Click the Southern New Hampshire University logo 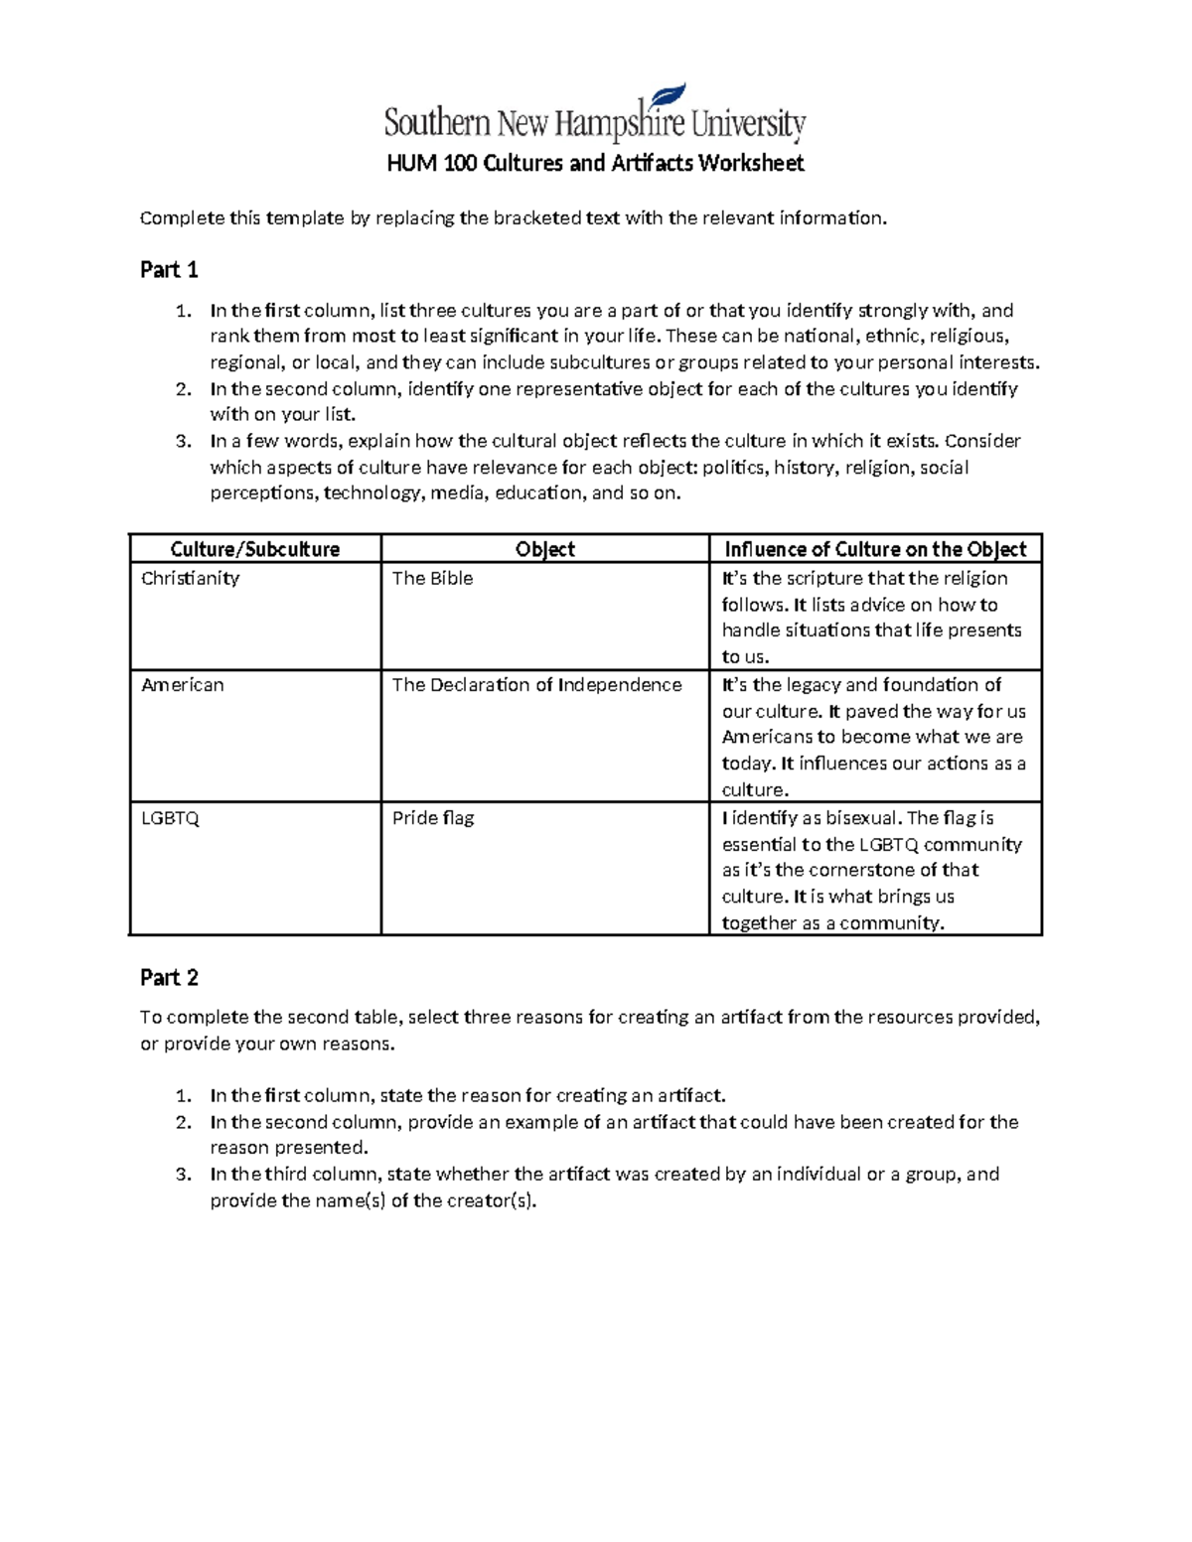coord(594,123)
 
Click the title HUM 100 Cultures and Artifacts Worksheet coord(594,163)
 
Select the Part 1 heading coord(169,270)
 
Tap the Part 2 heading coord(169,978)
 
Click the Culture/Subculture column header coord(255,549)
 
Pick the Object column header coord(544,549)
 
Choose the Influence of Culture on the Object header coord(875,549)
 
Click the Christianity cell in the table coord(190,578)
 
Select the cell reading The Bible coord(432,578)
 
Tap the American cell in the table coord(182,684)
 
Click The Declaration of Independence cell coord(536,684)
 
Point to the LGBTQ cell coord(170,818)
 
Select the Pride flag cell coord(432,818)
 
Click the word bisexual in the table coord(862,818)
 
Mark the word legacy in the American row coord(814,684)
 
